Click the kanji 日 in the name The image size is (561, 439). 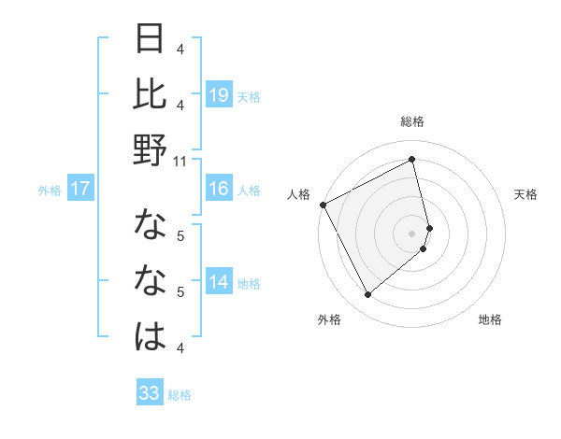coord(151,39)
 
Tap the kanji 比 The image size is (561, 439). coord(151,94)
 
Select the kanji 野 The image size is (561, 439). coord(151,150)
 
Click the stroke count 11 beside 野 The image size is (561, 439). coord(181,162)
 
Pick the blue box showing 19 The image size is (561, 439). coord(219,94)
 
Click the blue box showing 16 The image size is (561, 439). coord(219,189)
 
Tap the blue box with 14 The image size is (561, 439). coord(219,282)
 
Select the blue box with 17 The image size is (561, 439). coord(80,189)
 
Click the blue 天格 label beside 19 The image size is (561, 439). coord(249,96)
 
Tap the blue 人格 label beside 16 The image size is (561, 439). coord(249,191)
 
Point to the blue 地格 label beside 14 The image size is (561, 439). coord(249,284)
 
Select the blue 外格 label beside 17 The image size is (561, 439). coord(50,191)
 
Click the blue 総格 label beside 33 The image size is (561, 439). coord(180,395)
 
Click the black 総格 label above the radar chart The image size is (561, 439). coord(412,121)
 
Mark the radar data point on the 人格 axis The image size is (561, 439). coord(323,205)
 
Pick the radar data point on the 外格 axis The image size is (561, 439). coord(367,295)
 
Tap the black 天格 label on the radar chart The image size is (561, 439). coord(526,194)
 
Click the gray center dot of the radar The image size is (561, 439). coord(412,233)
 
